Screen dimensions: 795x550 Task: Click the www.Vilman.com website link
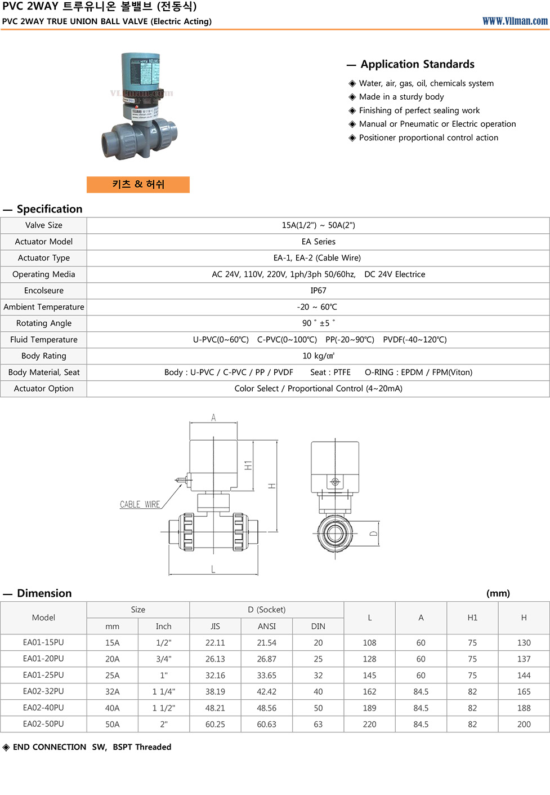[x=515, y=21]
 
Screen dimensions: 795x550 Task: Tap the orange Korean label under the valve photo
[x=138, y=184]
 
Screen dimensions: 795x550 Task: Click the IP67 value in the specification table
[x=318, y=291]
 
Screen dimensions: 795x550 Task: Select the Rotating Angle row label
[x=44, y=323]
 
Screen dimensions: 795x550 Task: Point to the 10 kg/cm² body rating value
[x=318, y=356]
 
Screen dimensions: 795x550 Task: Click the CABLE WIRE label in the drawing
[x=140, y=504]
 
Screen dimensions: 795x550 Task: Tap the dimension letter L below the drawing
[x=213, y=569]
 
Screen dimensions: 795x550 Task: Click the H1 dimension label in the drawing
[x=248, y=465]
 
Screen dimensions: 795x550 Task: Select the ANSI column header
[x=267, y=627]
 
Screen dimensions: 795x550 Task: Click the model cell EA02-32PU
[x=43, y=691]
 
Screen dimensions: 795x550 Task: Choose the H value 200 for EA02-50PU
[x=524, y=724]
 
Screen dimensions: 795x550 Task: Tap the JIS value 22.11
[x=215, y=643]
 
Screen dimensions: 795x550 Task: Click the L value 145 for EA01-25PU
[x=369, y=675]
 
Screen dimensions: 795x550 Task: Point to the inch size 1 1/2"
[x=164, y=708]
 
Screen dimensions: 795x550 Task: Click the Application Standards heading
[x=417, y=64]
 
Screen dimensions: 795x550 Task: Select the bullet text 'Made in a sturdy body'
[x=401, y=97]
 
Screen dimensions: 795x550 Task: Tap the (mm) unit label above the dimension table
[x=498, y=593]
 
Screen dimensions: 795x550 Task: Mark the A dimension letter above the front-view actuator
[x=213, y=418]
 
